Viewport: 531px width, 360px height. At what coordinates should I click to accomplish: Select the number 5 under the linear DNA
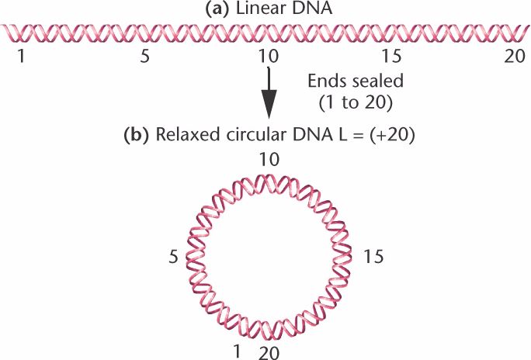click(x=142, y=58)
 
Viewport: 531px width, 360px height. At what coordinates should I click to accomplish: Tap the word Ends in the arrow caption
click(x=322, y=81)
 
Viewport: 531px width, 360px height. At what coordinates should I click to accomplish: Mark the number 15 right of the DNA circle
click(x=373, y=255)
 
